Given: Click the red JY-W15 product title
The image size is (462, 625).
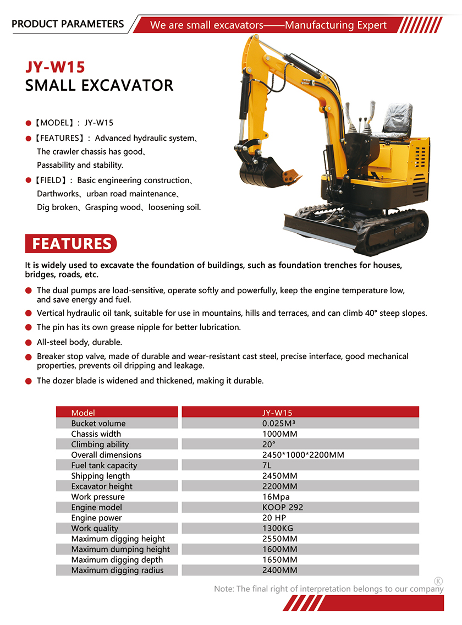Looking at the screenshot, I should pyautogui.click(x=55, y=67).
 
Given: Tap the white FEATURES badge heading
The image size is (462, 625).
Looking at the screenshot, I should pyautogui.click(x=71, y=244).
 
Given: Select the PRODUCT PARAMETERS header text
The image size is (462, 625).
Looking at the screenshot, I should pyautogui.click(x=68, y=24).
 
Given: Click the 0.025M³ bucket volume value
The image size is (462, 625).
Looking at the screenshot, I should pyautogui.click(x=280, y=423).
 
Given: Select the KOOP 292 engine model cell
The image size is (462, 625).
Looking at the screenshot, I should pyautogui.click(x=283, y=507).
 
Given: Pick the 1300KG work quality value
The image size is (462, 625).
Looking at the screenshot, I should pyautogui.click(x=278, y=528).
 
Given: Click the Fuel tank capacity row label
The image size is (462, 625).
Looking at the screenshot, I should pyautogui.click(x=104, y=465).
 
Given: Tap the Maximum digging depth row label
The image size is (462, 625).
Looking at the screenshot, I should pyautogui.click(x=117, y=560).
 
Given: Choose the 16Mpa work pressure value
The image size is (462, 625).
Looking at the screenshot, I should pyautogui.click(x=276, y=497).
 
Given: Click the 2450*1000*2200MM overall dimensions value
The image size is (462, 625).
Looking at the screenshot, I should pyautogui.click(x=303, y=455).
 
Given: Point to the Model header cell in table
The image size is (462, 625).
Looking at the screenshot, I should pyautogui.click(x=83, y=413).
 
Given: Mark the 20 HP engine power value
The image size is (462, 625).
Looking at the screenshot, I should pyautogui.click(x=274, y=518).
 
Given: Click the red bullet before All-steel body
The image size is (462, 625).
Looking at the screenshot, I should pyautogui.click(x=29, y=342).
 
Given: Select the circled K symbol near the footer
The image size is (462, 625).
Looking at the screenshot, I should pyautogui.click(x=438, y=581).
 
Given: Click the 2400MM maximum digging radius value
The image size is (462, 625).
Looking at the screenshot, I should pyautogui.click(x=280, y=570).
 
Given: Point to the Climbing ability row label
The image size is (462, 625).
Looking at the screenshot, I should pyautogui.click(x=100, y=445).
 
